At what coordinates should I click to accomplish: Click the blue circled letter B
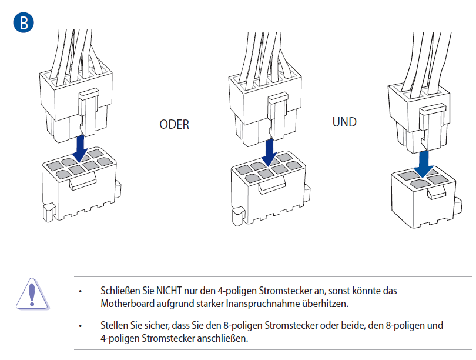point(24,22)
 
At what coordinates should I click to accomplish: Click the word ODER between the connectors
point(175,125)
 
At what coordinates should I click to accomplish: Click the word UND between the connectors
point(344,122)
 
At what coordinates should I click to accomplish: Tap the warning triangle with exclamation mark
point(32,294)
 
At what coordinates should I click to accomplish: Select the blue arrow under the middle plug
point(269,153)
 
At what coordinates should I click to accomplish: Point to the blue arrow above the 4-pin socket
point(424,164)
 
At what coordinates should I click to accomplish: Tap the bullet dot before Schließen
point(81,291)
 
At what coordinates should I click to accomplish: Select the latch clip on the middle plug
point(277,115)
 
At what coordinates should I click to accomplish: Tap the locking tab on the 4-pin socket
point(437,192)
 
